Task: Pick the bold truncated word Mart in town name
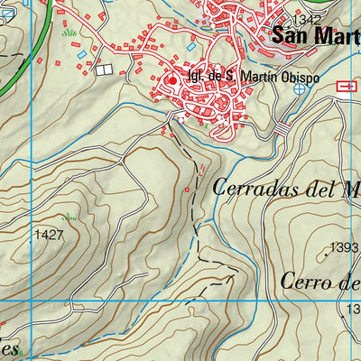pyautogui.click(x=336, y=36)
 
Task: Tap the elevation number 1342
pyautogui.click(x=306, y=19)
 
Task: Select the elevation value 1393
pyautogui.click(x=344, y=247)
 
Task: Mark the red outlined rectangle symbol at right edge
pyautogui.click(x=346, y=86)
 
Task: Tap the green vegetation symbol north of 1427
pyautogui.click(x=69, y=217)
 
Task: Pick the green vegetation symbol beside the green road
pyautogui.click(x=69, y=32)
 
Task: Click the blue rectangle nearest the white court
pyautogui.click(x=83, y=55)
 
